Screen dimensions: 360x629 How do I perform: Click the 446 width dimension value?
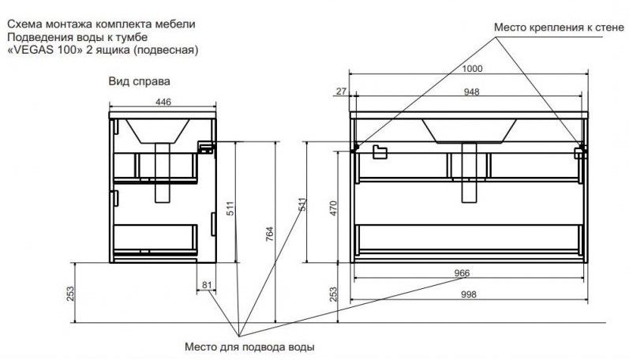pyautogui.click(x=163, y=102)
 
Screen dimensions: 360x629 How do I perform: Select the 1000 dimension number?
pyautogui.click(x=472, y=69)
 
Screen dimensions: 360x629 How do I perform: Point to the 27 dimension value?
pyautogui.click(x=341, y=92)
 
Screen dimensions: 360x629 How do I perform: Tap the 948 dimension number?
pyautogui.click(x=472, y=92)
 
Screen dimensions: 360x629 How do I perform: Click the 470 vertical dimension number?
pyautogui.click(x=334, y=209)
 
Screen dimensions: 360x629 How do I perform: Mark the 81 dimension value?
pyautogui.click(x=207, y=284)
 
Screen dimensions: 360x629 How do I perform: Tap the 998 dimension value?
pyautogui.click(x=472, y=294)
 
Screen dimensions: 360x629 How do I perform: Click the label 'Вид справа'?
pyautogui.click(x=140, y=81)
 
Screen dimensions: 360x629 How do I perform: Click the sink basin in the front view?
pyautogui.click(x=469, y=130)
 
